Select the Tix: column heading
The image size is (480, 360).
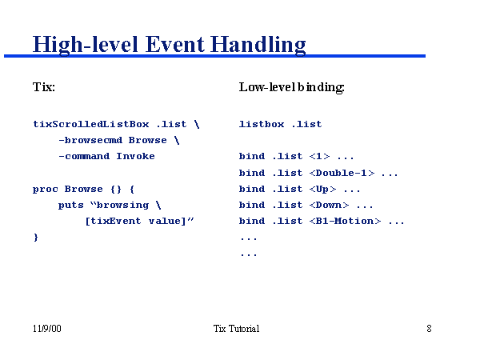[44, 86]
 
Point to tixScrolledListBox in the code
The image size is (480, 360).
[90, 124]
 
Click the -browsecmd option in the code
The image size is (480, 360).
[90, 140]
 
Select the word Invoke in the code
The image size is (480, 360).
[135, 156]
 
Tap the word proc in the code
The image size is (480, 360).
[45, 189]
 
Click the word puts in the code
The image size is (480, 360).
[70, 205]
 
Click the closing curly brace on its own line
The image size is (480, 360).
[35, 238]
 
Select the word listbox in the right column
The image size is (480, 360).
[261, 124]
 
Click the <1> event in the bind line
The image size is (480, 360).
[319, 156]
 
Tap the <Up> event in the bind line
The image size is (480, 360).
[322, 189]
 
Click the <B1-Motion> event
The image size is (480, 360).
[345, 221]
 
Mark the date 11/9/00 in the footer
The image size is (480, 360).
[46, 329]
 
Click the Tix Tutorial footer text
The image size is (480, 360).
[236, 329]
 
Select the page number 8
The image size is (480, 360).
[429, 329]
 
